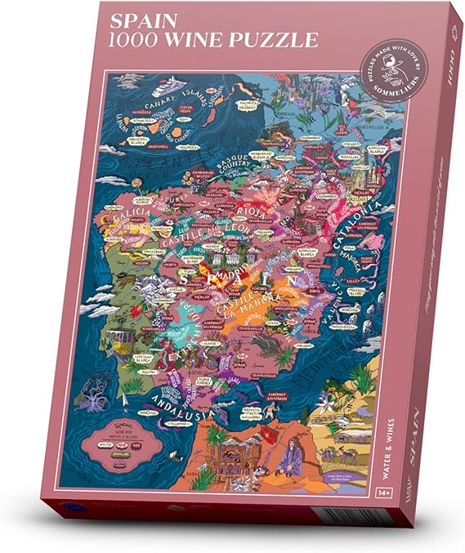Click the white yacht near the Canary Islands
point(178,84)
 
